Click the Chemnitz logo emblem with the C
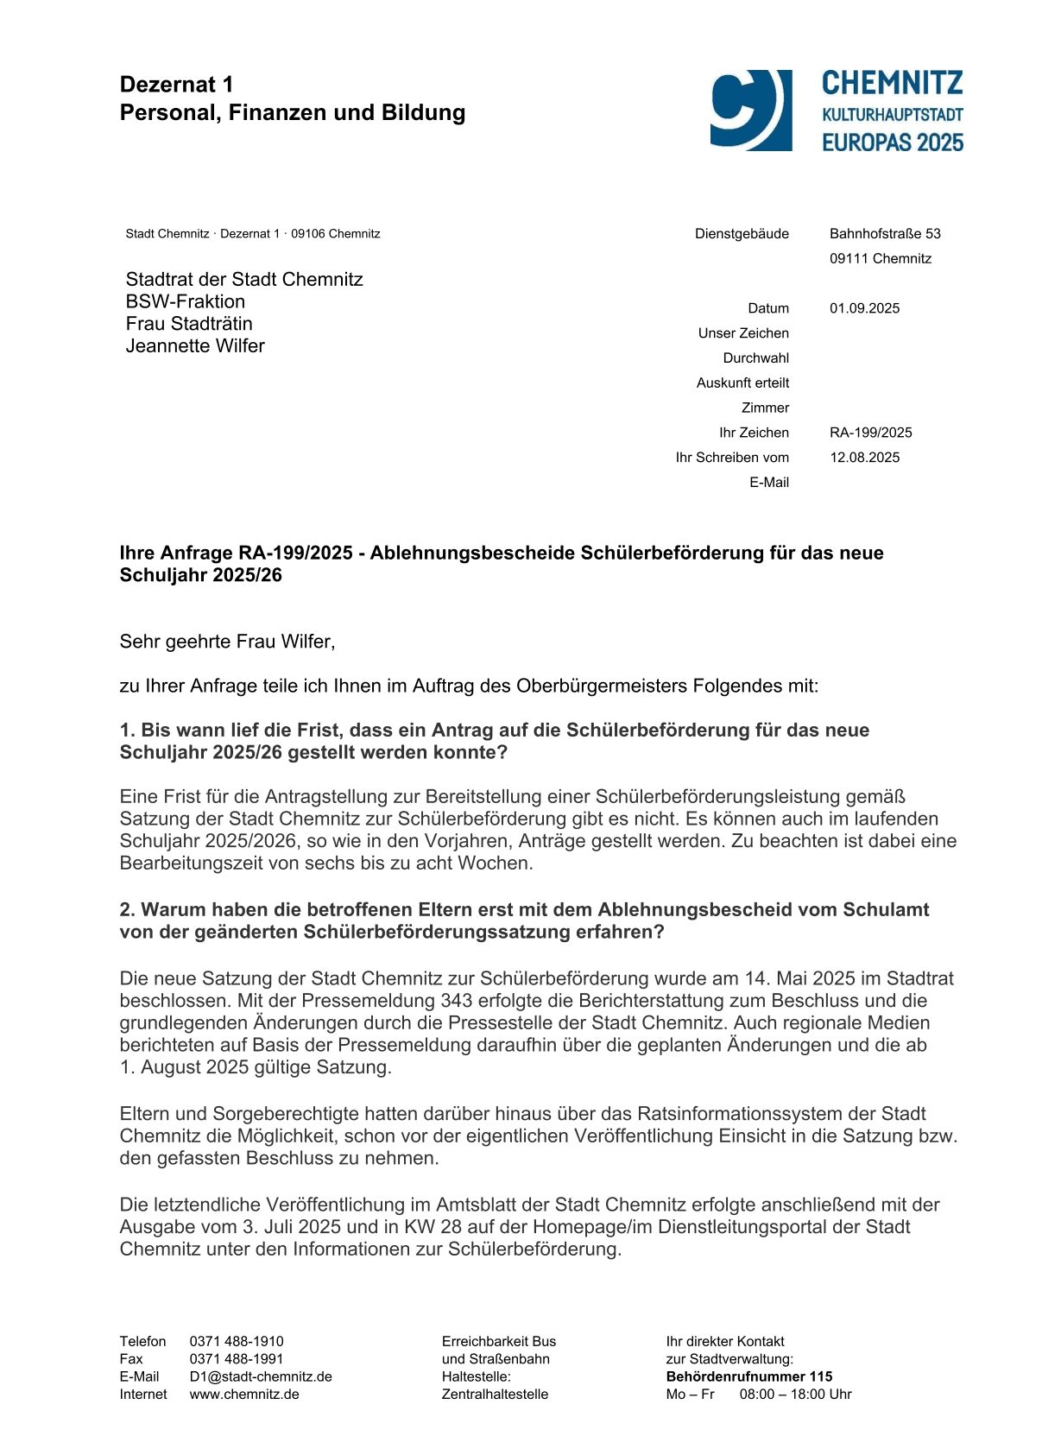[x=750, y=110]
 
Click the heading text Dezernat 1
[x=176, y=85]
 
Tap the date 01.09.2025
[x=864, y=308]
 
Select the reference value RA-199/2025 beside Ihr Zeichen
[x=870, y=433]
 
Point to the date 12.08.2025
[x=864, y=458]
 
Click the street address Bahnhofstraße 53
[x=885, y=233]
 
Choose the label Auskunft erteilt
[x=742, y=383]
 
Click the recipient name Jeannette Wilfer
[x=195, y=346]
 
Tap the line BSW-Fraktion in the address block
[x=186, y=301]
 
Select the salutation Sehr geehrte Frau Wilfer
[x=227, y=642]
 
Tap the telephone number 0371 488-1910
[x=237, y=1341]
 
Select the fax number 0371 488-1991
[x=237, y=1359]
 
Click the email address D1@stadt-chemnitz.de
[x=261, y=1376]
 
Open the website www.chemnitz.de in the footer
[x=244, y=1394]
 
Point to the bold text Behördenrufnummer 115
[x=748, y=1376]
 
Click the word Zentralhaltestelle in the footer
[x=495, y=1394]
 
